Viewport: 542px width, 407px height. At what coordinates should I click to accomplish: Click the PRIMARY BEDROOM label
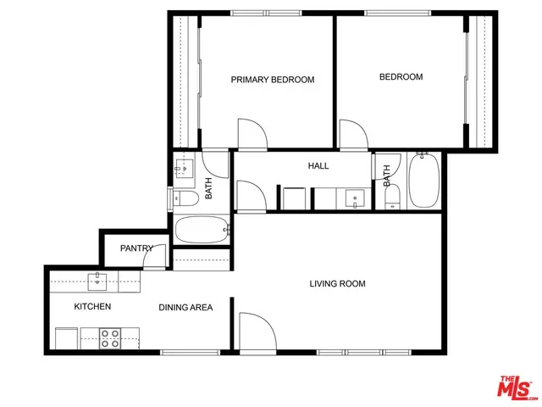tap(273, 80)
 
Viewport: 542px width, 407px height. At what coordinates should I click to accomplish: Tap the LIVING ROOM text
tap(337, 284)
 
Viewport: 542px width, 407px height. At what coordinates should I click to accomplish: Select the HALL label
tap(318, 166)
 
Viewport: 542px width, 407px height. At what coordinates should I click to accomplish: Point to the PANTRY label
tap(136, 248)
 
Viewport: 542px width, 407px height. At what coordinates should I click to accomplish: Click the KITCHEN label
tap(92, 306)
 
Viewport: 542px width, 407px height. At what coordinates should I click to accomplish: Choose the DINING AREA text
tap(185, 307)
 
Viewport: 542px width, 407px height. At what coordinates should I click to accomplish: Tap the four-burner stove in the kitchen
tap(110, 338)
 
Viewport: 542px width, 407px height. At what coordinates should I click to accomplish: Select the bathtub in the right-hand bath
tap(423, 181)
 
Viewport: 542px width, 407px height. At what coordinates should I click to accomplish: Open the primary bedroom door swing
tap(252, 134)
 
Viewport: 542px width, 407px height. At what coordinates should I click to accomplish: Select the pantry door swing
tap(154, 259)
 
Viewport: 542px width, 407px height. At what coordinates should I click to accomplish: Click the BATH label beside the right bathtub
tap(387, 176)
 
